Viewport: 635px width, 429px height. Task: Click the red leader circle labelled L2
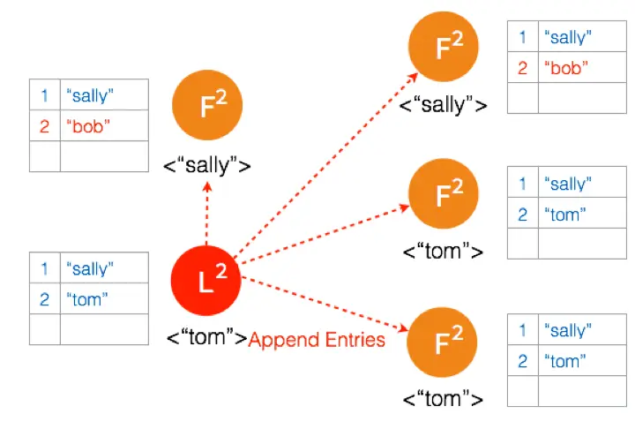205,281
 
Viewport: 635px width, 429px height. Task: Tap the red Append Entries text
317,340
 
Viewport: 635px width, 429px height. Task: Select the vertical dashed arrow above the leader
207,214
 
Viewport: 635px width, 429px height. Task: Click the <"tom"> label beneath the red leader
207,337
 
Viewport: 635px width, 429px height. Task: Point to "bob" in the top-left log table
88,126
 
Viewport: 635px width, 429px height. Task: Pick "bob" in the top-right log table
566,68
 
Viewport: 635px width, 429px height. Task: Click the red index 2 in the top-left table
45,126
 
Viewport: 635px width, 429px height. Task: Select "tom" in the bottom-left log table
87,299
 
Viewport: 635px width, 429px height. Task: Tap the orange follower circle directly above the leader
207,105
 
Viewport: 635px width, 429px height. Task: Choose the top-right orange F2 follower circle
444,47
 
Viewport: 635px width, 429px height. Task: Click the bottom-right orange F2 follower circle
442,342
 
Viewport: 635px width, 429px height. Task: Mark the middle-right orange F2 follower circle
444,193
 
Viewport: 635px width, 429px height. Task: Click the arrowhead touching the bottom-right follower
403,327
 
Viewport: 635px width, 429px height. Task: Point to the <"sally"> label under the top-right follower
443,105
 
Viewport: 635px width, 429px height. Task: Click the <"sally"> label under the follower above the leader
207,165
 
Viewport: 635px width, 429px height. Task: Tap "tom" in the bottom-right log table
565,361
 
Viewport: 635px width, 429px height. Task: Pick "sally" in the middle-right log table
568,184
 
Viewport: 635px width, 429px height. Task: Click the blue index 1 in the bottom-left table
45,268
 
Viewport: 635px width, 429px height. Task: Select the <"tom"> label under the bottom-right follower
443,399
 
